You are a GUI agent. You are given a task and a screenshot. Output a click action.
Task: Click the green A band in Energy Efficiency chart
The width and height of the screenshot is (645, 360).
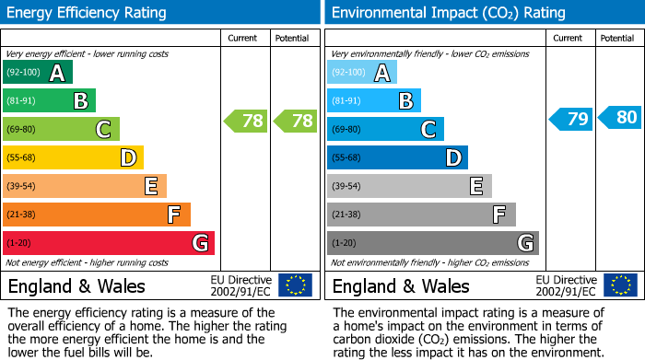click(x=37, y=73)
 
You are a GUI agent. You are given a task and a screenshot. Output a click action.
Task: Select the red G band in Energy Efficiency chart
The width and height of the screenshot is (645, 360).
click(x=108, y=243)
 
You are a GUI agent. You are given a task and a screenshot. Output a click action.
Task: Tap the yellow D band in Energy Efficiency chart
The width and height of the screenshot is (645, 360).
click(x=73, y=157)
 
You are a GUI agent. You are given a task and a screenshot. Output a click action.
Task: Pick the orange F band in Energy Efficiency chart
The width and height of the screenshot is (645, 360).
click(x=96, y=215)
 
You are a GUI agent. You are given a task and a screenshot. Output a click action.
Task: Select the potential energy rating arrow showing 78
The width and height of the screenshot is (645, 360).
click(x=294, y=121)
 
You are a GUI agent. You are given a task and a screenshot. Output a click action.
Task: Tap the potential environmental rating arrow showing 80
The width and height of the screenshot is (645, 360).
click(x=619, y=117)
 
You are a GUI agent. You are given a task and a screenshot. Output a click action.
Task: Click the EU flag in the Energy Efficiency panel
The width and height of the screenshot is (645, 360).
click(x=295, y=285)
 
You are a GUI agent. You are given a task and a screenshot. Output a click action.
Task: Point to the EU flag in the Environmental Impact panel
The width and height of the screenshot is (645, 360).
click(x=620, y=285)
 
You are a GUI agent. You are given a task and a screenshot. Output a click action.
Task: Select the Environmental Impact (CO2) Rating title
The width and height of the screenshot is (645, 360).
click(x=448, y=13)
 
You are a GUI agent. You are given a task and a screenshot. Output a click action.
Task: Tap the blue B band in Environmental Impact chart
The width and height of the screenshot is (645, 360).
click(x=373, y=100)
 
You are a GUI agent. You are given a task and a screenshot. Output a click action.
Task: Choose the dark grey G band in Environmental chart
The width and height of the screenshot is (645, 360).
click(x=432, y=243)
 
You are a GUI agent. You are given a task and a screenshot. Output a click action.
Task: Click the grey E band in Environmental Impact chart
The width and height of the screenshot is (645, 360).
click(x=409, y=186)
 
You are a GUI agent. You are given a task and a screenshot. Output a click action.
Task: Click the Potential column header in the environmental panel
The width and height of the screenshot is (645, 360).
click(x=616, y=38)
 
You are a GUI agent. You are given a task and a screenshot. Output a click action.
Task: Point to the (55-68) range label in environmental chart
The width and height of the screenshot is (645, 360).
click(x=347, y=157)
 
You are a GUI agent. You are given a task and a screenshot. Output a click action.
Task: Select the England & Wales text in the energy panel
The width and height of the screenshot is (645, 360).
click(x=76, y=285)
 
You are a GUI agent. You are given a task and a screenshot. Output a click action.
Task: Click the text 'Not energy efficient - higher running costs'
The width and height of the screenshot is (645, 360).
click(x=88, y=262)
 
